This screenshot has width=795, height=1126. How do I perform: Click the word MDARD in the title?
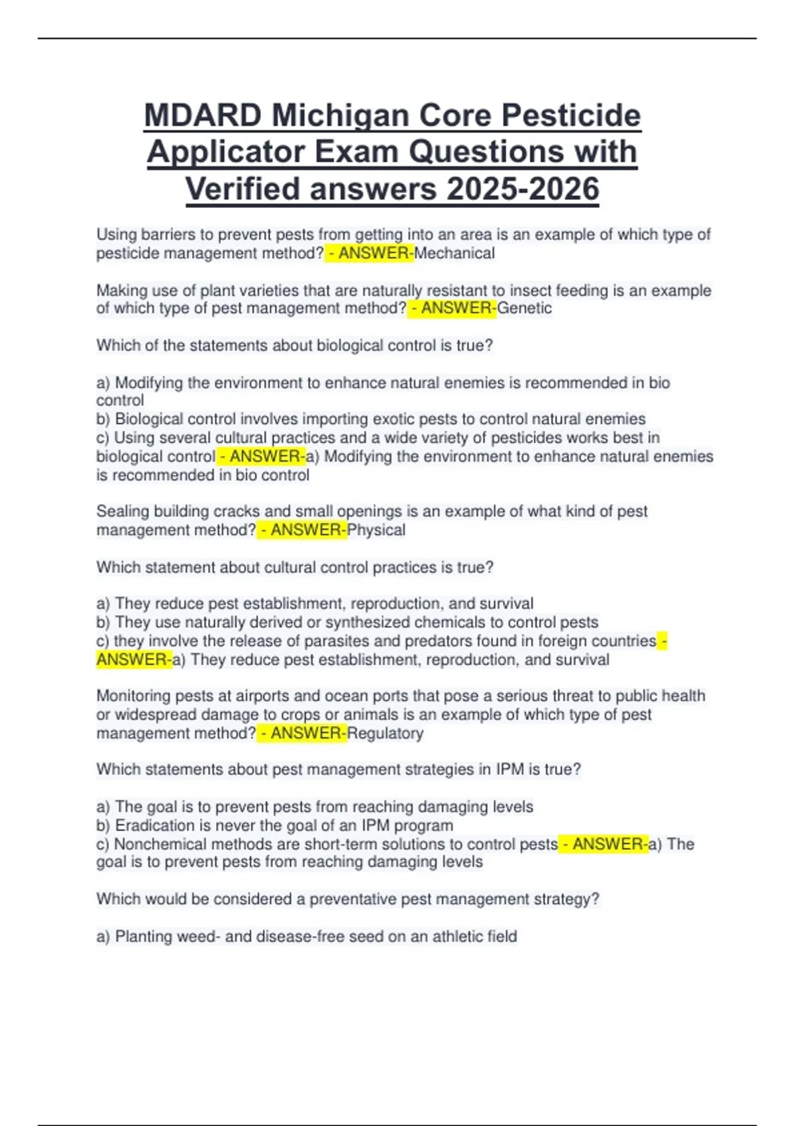click(x=203, y=115)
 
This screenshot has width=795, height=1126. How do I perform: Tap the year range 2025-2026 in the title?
click(x=523, y=189)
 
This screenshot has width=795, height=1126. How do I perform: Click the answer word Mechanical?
click(x=454, y=253)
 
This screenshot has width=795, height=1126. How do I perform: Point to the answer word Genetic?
click(x=525, y=308)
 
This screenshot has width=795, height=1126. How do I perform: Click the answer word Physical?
click(x=376, y=530)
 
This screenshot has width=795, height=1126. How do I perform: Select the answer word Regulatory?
click(x=386, y=733)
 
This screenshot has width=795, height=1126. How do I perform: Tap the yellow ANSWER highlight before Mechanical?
click(x=369, y=253)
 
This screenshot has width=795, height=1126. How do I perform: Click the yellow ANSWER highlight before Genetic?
click(x=452, y=308)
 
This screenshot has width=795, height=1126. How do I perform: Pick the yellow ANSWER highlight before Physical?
click(x=302, y=530)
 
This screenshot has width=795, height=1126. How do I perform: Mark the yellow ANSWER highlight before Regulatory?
click(x=302, y=733)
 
